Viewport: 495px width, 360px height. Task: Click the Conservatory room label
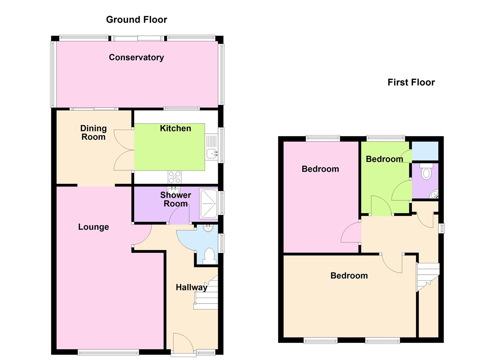click(x=136, y=57)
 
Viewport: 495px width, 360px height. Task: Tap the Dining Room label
click(x=93, y=132)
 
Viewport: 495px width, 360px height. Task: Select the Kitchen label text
click(x=175, y=128)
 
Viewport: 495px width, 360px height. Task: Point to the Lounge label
click(x=93, y=227)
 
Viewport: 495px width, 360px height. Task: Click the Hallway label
click(x=191, y=287)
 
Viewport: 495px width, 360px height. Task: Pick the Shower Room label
click(x=175, y=199)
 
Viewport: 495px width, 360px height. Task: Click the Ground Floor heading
click(x=136, y=20)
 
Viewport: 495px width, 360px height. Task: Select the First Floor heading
click(x=411, y=82)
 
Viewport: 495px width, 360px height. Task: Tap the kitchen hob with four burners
click(x=175, y=177)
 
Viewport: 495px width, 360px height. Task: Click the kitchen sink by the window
click(x=211, y=153)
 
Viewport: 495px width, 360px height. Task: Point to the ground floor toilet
click(x=209, y=256)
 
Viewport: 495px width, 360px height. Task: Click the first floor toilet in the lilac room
click(x=426, y=172)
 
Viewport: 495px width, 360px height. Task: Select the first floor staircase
click(x=428, y=276)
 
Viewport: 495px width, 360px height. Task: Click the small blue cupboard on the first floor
click(x=425, y=151)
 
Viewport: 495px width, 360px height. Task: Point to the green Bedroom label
click(x=384, y=159)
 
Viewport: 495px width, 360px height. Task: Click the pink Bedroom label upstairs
click(x=320, y=169)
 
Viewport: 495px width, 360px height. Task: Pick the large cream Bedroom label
click(x=349, y=276)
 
